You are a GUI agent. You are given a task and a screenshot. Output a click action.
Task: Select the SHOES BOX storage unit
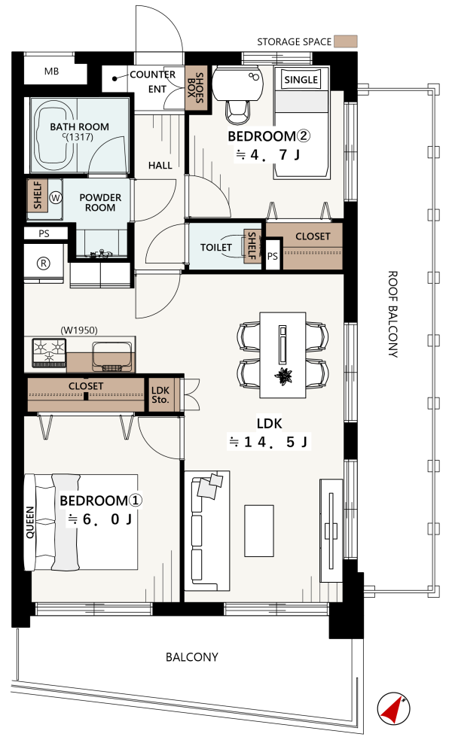click(x=196, y=88)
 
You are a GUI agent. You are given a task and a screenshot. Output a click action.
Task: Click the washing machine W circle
click(x=56, y=197)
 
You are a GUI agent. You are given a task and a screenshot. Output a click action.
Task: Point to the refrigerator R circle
click(x=44, y=263)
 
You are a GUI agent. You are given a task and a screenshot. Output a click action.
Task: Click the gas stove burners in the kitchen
click(x=49, y=353)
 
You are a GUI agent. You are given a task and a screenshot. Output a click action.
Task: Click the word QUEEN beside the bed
click(x=30, y=522)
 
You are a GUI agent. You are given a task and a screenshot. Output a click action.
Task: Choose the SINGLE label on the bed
click(x=301, y=80)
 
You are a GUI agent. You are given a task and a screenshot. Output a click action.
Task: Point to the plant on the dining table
click(x=283, y=376)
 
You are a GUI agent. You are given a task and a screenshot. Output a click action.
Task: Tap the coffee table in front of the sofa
click(x=259, y=530)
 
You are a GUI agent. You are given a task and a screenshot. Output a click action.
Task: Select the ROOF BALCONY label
click(x=393, y=314)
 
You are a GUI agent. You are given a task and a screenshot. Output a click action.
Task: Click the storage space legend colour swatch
click(x=345, y=41)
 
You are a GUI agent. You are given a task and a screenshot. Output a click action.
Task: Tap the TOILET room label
click(x=215, y=248)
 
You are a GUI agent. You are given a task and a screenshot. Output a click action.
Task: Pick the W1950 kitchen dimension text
click(x=79, y=330)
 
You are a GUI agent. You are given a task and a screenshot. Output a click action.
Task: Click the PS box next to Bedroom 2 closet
click(x=273, y=256)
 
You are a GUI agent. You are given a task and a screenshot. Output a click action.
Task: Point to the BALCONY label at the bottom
click(x=192, y=657)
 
